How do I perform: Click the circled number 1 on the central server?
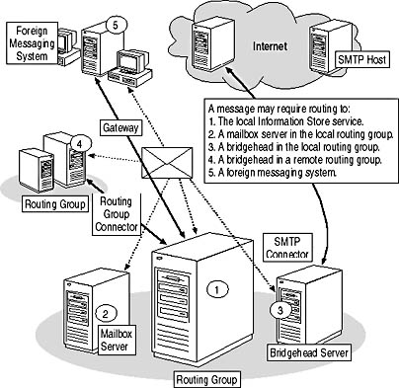click(x=217, y=289)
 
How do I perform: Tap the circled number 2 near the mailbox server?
click(x=106, y=314)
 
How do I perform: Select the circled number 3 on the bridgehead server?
click(x=280, y=310)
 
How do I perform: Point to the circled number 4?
click(x=79, y=144)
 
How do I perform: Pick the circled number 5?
click(x=116, y=25)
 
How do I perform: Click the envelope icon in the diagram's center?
click(x=167, y=163)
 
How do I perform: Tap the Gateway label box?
click(x=120, y=127)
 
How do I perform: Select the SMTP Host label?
click(x=362, y=60)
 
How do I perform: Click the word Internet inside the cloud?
click(x=270, y=46)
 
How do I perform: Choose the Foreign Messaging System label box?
click(x=32, y=43)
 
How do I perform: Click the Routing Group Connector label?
click(x=117, y=214)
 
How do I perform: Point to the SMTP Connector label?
click(x=287, y=247)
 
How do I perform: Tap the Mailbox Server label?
click(x=117, y=340)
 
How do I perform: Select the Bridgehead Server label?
click(x=309, y=352)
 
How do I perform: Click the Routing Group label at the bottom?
click(x=206, y=379)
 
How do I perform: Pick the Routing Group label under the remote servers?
click(x=55, y=204)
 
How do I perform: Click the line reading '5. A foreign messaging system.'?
click(x=273, y=173)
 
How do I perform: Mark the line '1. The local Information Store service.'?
click(x=286, y=121)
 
